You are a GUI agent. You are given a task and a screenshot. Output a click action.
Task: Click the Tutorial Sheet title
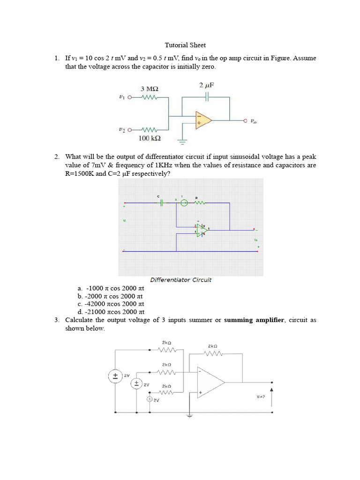(185, 45)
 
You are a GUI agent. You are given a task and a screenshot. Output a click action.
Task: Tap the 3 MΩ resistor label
(150, 89)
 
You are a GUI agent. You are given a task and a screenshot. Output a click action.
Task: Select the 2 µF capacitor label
(207, 85)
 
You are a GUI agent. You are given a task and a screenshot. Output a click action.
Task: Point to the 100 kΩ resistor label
(150, 138)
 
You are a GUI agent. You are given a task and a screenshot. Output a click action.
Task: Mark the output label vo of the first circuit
(254, 121)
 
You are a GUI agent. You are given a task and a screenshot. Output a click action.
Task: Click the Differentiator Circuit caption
(180, 280)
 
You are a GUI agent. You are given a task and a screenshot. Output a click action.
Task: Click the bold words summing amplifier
(254, 320)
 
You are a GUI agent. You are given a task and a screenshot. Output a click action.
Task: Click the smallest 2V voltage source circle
(150, 399)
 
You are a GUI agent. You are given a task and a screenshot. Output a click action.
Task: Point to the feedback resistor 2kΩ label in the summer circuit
(212, 346)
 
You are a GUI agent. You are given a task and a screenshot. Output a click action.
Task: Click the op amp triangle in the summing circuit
(210, 381)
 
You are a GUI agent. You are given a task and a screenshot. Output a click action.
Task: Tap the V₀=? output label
(261, 397)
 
